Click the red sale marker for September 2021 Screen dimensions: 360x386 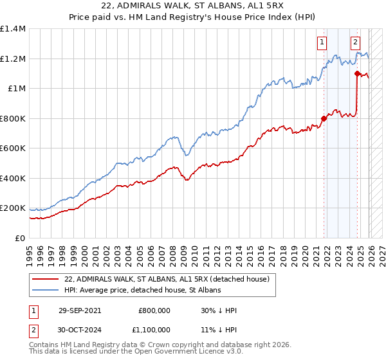point(324,118)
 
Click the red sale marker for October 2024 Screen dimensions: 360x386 point(357,74)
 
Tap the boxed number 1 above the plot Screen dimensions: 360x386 point(321,43)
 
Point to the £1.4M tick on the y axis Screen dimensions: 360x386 point(13,29)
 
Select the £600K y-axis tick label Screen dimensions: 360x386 point(13,148)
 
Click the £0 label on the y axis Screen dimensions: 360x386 point(19,238)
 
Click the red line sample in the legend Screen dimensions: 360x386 point(46,279)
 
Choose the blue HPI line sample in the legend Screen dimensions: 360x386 point(46,290)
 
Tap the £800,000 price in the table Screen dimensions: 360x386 point(154,310)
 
